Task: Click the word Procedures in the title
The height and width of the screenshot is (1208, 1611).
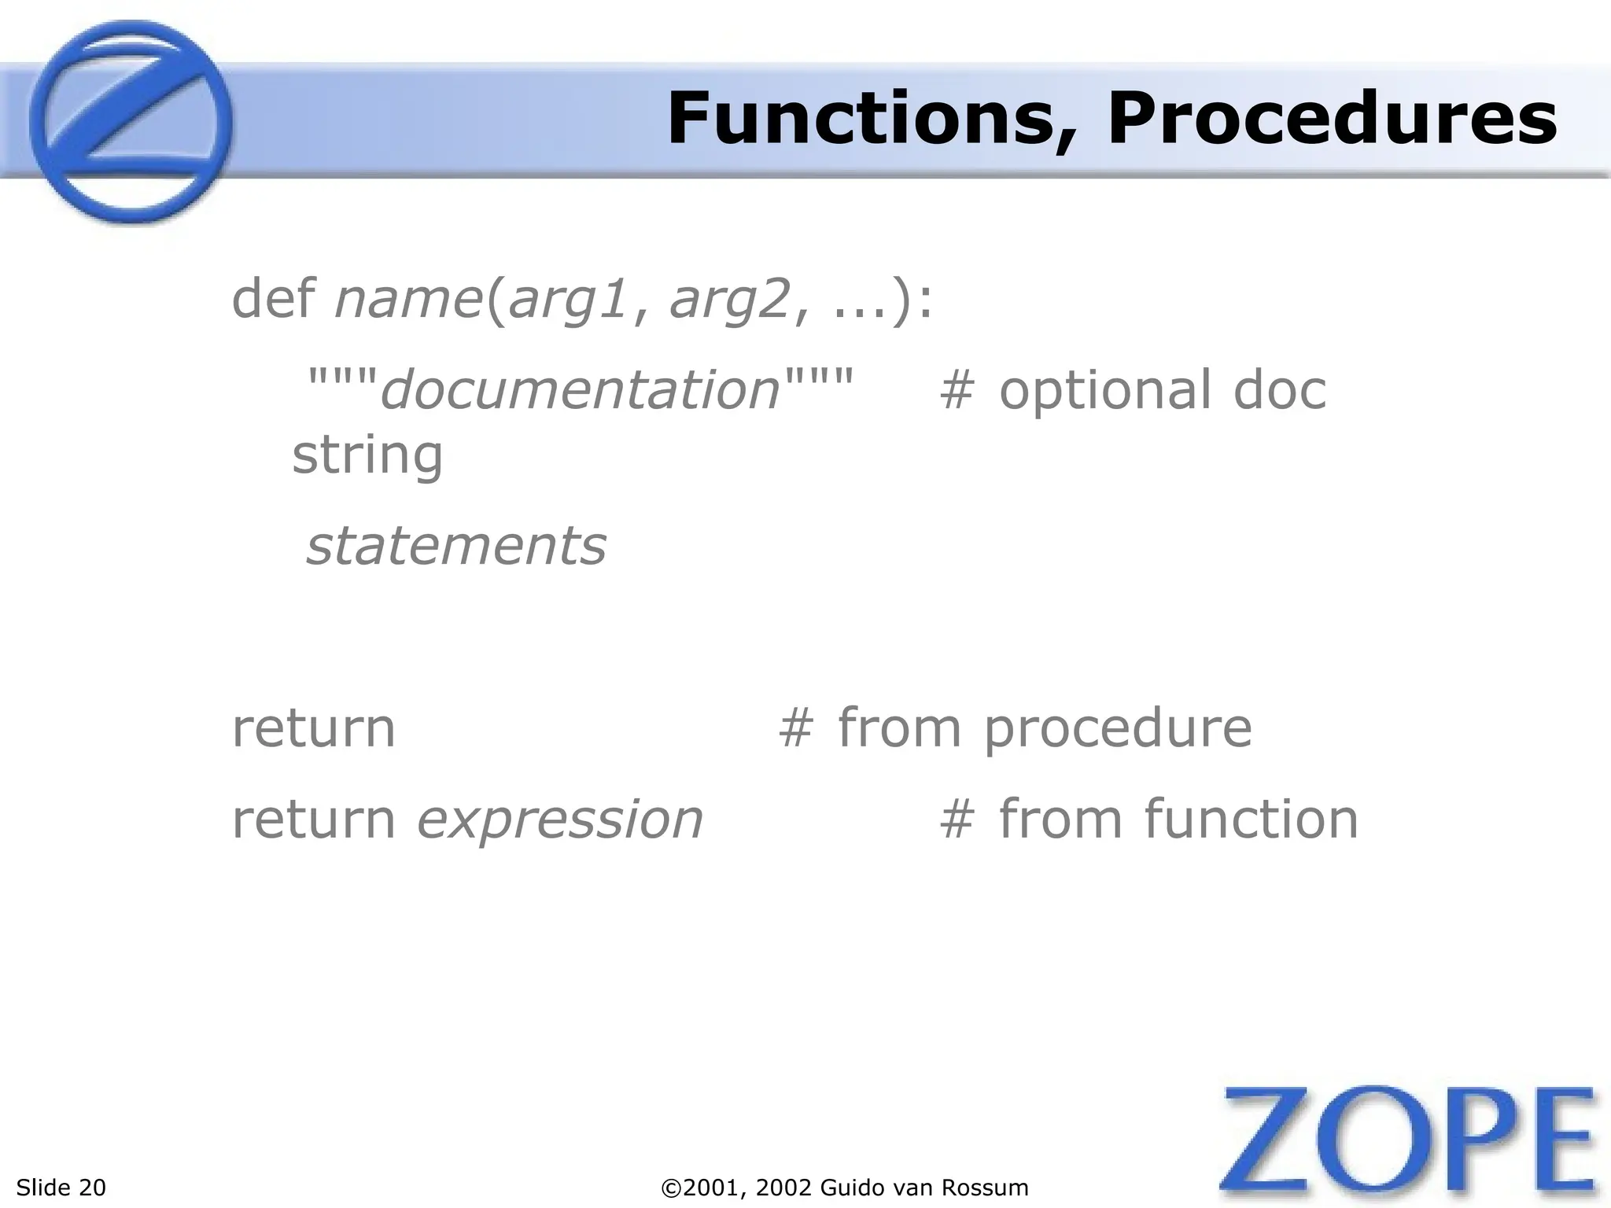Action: point(1333,120)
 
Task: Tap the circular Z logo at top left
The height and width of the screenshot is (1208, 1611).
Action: point(131,123)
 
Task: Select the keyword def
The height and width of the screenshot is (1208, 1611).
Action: point(273,299)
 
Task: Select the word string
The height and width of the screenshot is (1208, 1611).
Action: point(367,456)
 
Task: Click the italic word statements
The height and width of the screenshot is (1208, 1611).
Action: point(456,546)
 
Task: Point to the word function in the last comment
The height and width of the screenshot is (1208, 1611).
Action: point(1252,819)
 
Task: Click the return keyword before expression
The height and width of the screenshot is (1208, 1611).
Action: point(313,819)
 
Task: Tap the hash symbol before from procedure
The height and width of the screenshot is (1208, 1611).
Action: point(794,728)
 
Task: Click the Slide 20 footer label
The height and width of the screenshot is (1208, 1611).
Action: point(61,1188)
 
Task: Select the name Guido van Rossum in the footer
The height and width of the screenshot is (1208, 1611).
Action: point(923,1188)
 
